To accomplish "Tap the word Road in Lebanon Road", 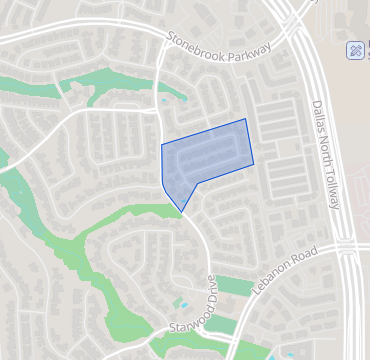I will coord(307,258).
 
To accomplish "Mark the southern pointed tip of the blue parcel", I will coord(182,212).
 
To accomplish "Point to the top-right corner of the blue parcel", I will coord(246,119).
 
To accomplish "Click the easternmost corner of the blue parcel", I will coord(254,162).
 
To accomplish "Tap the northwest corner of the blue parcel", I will coord(162,146).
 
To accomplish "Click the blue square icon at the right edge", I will coord(358,50).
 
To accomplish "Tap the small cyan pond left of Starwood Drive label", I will coord(181,301).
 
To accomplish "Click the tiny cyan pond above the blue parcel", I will coord(163,99).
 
